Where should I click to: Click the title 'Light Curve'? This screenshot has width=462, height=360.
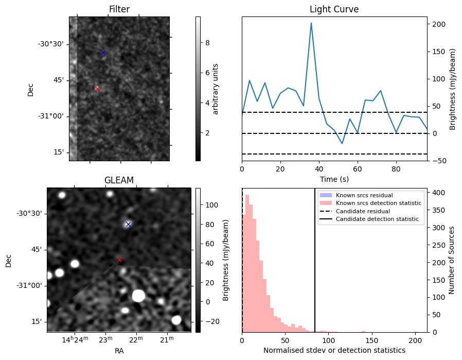coord(334,9)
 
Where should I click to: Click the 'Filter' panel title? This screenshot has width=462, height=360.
coord(119,9)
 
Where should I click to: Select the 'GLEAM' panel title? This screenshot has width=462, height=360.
coord(119,180)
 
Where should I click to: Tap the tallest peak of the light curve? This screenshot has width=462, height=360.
coord(311,23)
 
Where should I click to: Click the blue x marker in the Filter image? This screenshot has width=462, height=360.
coord(103,53)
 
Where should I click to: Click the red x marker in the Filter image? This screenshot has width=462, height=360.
coord(97,89)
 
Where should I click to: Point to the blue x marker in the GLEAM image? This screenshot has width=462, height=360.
coord(128,224)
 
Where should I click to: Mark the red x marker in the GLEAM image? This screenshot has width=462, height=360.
coord(119,260)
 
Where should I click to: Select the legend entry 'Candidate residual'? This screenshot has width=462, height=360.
coord(363,211)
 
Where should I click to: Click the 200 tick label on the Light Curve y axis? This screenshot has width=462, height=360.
coord(439,24)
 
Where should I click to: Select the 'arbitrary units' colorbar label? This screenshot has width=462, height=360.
coord(216,89)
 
